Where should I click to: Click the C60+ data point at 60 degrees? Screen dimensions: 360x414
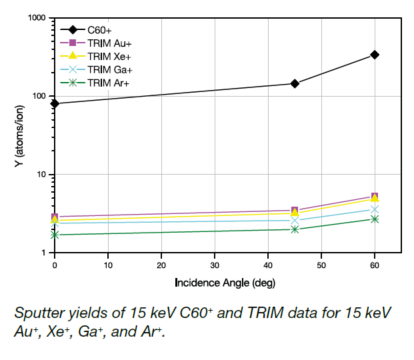tap(375, 55)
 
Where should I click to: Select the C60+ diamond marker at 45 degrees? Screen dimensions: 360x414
tap(295, 83)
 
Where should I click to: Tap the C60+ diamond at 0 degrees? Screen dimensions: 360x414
tap(55, 103)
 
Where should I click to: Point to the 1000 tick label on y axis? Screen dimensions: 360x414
tap(39, 18)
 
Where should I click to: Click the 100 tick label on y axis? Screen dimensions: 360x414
tap(41, 96)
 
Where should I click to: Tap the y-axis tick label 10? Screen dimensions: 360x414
tap(43, 175)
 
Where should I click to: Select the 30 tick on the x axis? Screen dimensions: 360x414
tap(215, 265)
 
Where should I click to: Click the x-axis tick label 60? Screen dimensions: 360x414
tap(375, 265)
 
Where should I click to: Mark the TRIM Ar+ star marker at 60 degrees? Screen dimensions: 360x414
tap(375, 219)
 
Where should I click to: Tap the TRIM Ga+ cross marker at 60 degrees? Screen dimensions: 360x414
tap(375, 210)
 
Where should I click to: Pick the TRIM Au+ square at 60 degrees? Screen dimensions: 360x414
tap(375, 196)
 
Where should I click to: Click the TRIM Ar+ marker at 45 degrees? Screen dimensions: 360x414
tap(295, 229)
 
